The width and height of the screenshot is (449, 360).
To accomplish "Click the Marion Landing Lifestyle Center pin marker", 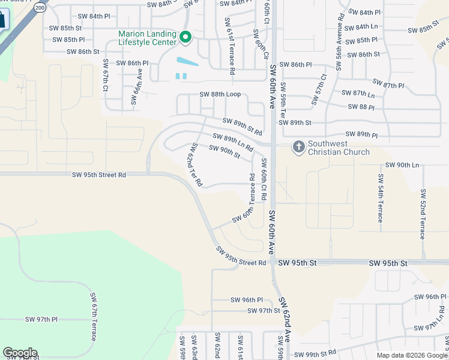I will point(185,38).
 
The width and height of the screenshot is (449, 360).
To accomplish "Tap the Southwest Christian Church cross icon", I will point(298,147).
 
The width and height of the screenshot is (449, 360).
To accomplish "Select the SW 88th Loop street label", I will point(220,95).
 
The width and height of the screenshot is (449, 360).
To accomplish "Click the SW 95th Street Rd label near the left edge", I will point(99,175).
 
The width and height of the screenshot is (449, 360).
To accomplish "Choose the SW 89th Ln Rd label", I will point(233,143).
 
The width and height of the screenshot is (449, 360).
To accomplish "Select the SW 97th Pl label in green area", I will point(41,320).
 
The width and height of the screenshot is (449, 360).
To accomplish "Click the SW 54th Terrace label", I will point(380,198).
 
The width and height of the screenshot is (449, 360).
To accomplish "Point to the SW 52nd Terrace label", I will point(423,214).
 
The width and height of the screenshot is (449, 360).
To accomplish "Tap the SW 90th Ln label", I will point(402,165).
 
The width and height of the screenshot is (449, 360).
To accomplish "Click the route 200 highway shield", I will point(40,7).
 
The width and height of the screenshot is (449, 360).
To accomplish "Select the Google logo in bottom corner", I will point(20,353).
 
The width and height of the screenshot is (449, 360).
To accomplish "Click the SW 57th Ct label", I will point(318,89).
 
